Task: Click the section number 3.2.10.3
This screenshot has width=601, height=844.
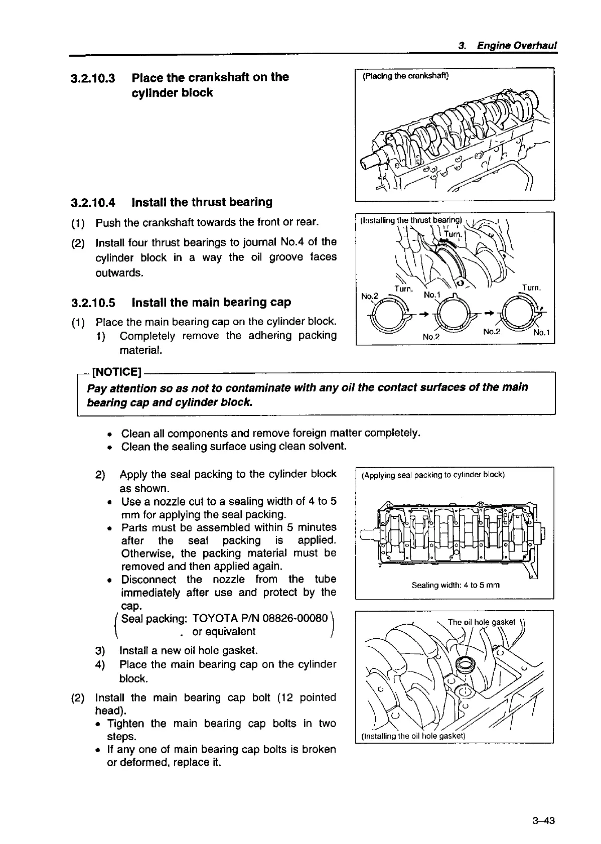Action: [x=93, y=78]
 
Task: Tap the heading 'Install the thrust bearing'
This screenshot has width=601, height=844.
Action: [x=202, y=202]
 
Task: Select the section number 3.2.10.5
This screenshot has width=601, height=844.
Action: [x=93, y=303]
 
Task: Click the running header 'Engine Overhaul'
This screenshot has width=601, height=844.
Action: [x=517, y=46]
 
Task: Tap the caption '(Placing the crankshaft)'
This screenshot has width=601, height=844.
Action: [x=406, y=76]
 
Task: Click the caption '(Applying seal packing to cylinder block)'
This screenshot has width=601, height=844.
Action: [x=432, y=475]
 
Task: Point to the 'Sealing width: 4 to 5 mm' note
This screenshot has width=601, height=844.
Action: [x=456, y=585]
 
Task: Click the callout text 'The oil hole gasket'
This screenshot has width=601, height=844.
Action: [x=481, y=622]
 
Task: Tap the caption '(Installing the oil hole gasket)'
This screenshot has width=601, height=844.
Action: [x=413, y=736]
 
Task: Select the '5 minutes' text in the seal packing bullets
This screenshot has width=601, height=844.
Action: [x=312, y=527]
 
